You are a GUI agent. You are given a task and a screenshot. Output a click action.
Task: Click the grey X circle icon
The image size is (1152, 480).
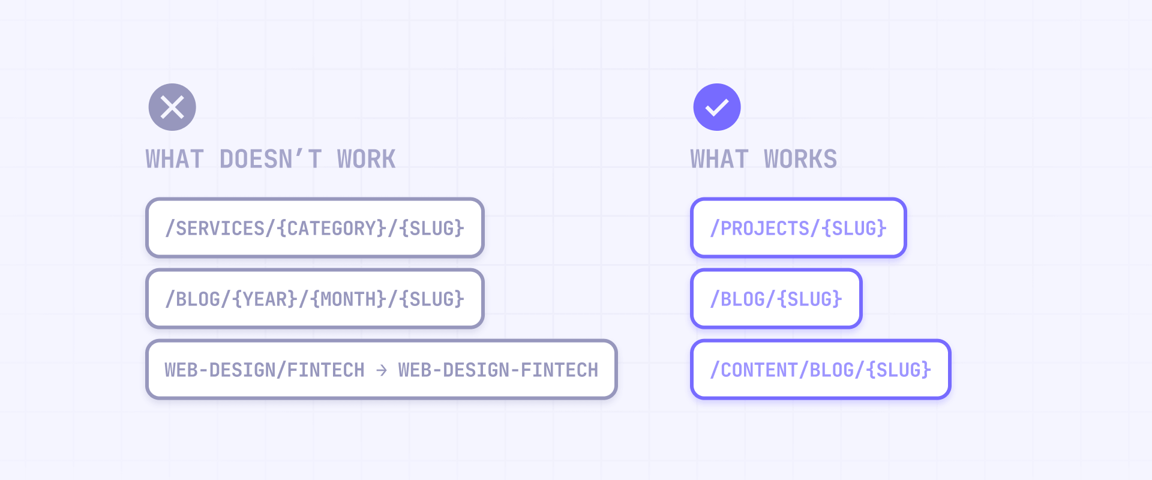(172, 107)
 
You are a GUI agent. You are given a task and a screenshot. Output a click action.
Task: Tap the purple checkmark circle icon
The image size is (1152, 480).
(717, 107)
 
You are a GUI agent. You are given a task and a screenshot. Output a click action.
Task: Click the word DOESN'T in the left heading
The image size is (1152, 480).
(271, 160)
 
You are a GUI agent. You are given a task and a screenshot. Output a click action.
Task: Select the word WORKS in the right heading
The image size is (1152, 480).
(800, 160)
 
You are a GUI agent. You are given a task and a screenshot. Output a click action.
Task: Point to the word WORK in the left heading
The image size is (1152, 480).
(366, 160)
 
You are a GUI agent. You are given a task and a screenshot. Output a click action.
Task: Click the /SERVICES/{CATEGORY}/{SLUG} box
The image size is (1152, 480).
(315, 228)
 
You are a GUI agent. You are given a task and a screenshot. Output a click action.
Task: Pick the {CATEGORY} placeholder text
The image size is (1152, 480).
(331, 229)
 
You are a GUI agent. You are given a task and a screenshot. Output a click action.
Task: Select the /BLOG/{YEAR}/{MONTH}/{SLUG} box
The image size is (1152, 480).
(315, 299)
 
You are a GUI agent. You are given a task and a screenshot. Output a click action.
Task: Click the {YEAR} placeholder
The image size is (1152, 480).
(265, 299)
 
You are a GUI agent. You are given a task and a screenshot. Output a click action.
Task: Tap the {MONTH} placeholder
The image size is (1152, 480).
(348, 299)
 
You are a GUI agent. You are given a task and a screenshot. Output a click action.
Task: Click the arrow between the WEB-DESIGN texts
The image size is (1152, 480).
(382, 370)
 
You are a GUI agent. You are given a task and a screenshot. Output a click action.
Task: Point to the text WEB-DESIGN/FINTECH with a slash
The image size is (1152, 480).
(265, 370)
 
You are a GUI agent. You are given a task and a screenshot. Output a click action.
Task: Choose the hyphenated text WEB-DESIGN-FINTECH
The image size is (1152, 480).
(498, 370)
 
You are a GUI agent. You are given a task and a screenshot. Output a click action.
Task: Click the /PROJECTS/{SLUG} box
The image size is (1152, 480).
(798, 228)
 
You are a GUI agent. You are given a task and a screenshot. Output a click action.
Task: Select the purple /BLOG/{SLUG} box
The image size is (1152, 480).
(776, 299)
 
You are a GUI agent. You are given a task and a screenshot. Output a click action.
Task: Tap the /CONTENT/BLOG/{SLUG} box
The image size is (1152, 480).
(820, 370)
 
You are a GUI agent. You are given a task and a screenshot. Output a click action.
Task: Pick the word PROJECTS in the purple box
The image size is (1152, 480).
(765, 229)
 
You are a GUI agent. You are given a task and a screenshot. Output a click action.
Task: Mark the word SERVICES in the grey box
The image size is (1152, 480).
(220, 229)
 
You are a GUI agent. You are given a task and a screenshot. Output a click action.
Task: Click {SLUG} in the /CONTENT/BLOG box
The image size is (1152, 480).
(899, 370)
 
